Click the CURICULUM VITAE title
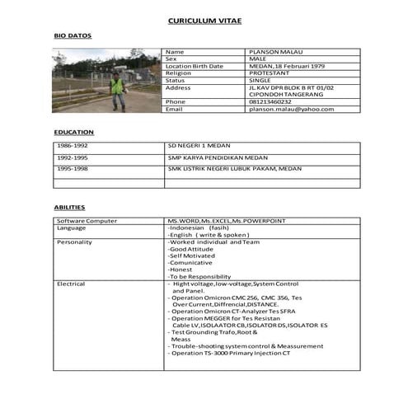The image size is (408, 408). tap(204, 20)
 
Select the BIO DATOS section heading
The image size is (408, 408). tap(73, 36)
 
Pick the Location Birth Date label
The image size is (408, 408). tap(195, 66)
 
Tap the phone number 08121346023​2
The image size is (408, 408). tap(270, 101)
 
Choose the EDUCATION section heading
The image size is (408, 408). tap(74, 132)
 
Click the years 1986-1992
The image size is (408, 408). tap(73, 145)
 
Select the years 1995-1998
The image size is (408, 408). tap(73, 167)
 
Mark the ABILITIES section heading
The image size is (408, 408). tap(70, 208)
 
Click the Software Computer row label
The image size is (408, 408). tap(87, 221)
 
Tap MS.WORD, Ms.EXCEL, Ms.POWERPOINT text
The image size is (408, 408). tap(226, 221)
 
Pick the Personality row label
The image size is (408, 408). tap(74, 242)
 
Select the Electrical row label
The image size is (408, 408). tap(71, 284)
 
